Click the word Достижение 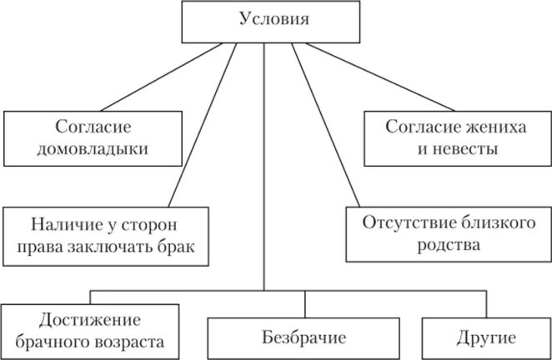(x=90, y=319)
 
